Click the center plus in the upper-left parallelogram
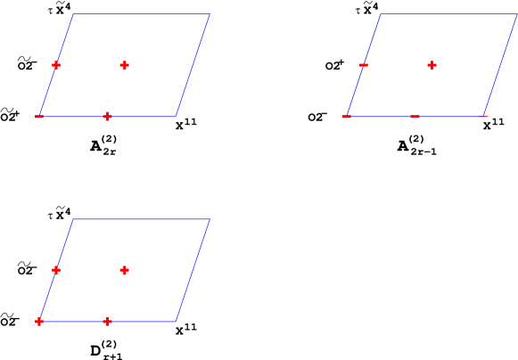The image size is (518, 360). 124,65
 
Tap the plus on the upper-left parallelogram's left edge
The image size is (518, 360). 56,65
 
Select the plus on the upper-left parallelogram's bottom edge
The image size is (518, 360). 107,117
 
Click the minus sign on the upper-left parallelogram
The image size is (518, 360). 39,117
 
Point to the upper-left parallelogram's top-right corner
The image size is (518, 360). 210,14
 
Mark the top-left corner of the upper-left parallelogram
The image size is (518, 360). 73,14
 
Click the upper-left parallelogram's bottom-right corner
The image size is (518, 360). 176,117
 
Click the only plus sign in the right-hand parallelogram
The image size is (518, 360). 432,65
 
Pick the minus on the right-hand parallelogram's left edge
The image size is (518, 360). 364,65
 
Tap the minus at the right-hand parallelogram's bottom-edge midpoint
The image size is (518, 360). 415,117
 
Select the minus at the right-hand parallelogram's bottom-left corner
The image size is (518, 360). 346,117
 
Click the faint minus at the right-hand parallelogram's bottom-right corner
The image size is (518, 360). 483,117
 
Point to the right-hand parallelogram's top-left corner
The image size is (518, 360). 381,14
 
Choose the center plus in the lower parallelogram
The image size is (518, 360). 124,270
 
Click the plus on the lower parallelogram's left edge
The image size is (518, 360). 56,270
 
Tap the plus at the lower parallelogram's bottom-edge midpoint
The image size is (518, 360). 107,321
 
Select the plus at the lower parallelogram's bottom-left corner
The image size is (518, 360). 39,321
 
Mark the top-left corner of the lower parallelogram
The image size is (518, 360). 73,219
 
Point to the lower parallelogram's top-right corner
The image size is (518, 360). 210,219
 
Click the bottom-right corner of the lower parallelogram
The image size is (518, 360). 176,321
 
